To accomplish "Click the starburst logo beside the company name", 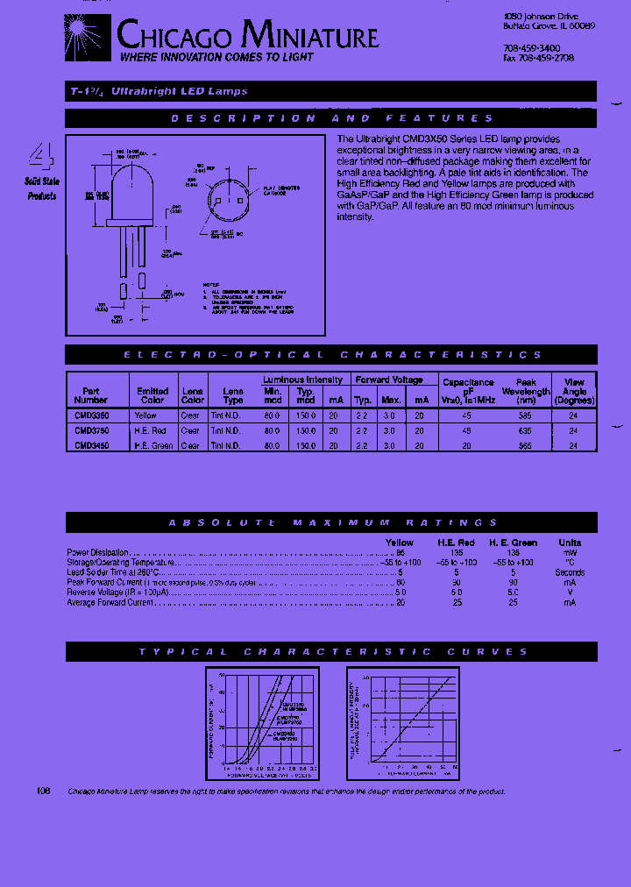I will click(88, 37).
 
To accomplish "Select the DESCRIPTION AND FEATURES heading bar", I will click(331, 118).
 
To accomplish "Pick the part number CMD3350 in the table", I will click(91, 415).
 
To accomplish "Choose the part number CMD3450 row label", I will click(91, 445).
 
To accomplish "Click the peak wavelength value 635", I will click(525, 430).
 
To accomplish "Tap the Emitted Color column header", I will click(152, 395).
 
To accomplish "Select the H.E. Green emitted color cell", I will click(152, 445).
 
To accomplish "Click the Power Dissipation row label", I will click(97, 553).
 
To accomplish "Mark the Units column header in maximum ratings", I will click(570, 543).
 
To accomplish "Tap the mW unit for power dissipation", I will click(570, 553).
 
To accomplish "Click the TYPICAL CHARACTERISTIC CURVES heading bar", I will click(331, 651).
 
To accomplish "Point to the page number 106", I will click(44, 791).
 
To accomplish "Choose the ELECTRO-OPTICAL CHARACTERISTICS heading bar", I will click(331, 355).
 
